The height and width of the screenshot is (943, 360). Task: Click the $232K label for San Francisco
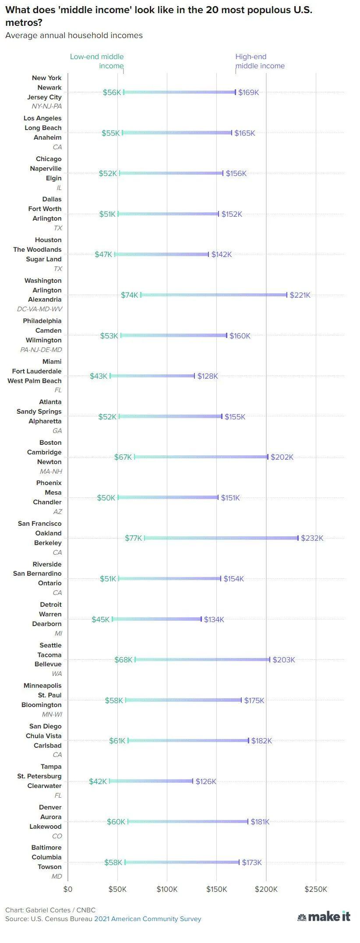coord(312,538)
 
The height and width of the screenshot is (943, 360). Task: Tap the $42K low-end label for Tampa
coord(98,781)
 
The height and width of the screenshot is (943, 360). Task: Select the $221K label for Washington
coord(300,295)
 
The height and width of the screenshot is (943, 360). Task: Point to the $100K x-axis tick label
coord(167,889)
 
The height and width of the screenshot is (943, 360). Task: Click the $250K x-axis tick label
coord(316,889)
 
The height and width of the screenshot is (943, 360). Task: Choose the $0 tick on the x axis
coord(68,889)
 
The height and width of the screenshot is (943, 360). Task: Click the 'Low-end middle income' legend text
coord(97,61)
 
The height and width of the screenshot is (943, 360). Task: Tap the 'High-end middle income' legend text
coord(260,61)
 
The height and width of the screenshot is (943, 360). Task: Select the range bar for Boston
coord(201,457)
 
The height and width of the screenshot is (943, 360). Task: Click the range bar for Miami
coord(152,376)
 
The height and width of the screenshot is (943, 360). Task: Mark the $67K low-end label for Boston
coord(123,457)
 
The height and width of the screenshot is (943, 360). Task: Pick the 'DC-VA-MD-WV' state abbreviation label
coord(39,309)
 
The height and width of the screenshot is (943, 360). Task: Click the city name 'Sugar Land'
coord(44,259)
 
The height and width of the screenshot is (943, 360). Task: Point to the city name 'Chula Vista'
coord(44,736)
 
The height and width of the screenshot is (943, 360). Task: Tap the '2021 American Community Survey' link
coord(148,919)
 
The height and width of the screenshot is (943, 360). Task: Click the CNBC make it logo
coord(324,916)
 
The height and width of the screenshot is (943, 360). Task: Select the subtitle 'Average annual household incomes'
coord(74,35)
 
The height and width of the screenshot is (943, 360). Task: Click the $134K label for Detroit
coord(214,619)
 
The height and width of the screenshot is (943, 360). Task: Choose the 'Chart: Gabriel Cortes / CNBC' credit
coord(50,910)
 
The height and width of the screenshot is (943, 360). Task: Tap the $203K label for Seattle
coord(284,660)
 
